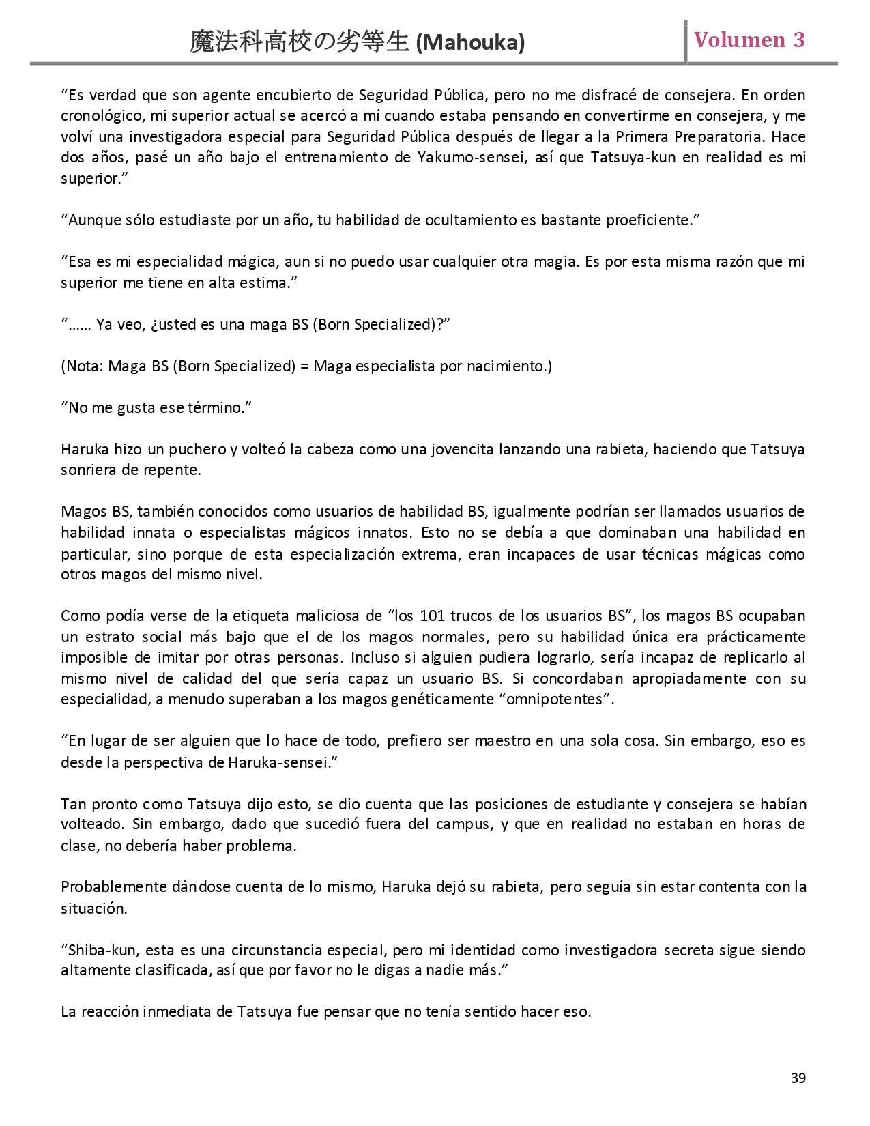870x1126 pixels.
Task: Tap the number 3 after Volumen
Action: coord(798,40)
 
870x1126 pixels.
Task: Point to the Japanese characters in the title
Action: coord(300,43)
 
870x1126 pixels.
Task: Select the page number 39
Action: coord(798,1078)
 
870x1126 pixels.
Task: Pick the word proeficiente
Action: coord(652,220)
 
